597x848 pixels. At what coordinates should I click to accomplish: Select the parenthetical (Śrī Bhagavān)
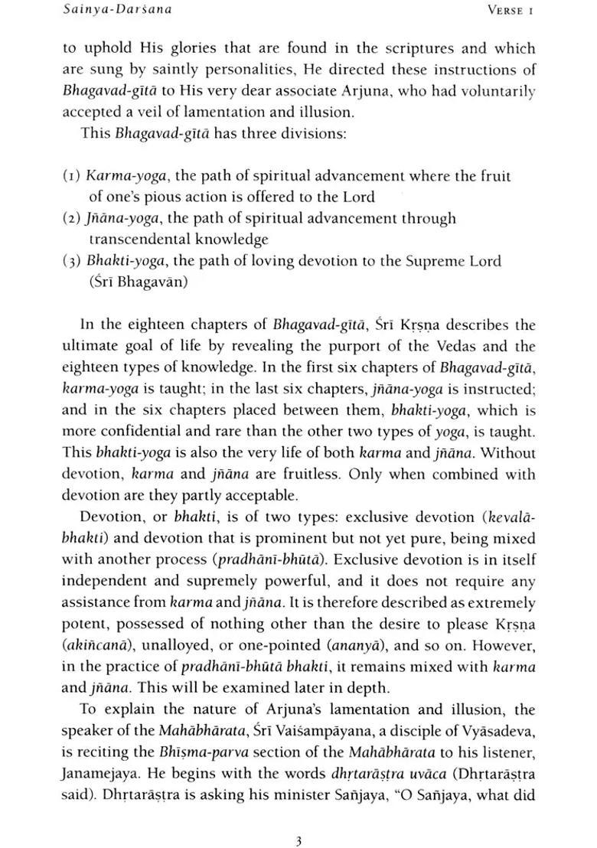click(135, 282)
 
